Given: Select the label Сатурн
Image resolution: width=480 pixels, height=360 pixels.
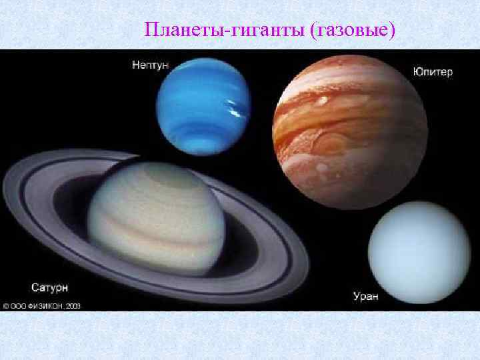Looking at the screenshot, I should pyautogui.click(x=49, y=287).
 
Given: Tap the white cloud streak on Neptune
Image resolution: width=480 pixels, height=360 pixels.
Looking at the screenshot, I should pyautogui.click(x=233, y=109).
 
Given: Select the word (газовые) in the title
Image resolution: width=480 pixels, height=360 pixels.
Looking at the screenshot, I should pyautogui.click(x=353, y=30).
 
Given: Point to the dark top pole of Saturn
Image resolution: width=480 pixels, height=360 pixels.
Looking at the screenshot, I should pyautogui.click(x=167, y=173).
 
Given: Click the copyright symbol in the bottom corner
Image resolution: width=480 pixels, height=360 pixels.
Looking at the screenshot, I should pyautogui.click(x=5, y=306).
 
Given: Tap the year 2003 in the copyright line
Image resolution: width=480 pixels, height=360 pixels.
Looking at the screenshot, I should pyautogui.click(x=73, y=306).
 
